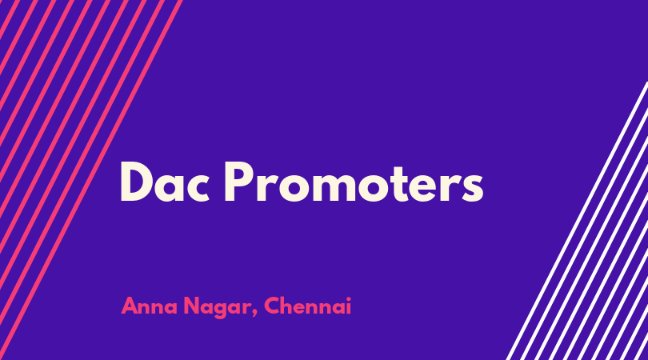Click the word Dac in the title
tap(165, 182)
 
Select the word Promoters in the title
tap(354, 182)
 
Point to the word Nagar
tap(217, 308)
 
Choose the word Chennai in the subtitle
tap(308, 306)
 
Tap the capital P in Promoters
tap(238, 182)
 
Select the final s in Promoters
tap(471, 187)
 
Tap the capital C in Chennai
tap(273, 306)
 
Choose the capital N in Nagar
tap(192, 306)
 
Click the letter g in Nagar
tap(225, 310)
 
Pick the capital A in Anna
tap(130, 306)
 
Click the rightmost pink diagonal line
tap(91, 180)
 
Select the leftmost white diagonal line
tap(578, 221)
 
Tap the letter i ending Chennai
tap(348, 306)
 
